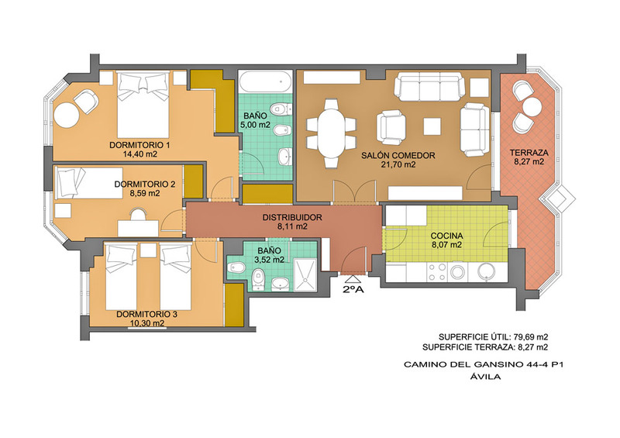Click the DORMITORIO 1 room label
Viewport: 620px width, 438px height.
tap(139, 145)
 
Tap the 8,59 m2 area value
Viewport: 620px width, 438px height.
tap(145, 194)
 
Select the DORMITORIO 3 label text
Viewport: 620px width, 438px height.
tap(146, 314)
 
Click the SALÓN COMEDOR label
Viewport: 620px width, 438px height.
tap(398, 156)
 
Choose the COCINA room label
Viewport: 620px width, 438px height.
tap(447, 236)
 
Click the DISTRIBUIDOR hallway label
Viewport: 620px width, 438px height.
tap(292, 218)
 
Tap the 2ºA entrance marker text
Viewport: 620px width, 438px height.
tap(353, 289)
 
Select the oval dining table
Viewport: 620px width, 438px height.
tap(332, 133)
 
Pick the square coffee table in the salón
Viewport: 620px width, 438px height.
tap(432, 126)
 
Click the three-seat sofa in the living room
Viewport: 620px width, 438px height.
tap(429, 86)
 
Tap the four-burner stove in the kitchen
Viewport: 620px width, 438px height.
tap(437, 272)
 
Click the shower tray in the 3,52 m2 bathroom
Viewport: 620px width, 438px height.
tap(305, 275)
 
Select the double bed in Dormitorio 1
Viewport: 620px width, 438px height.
tap(143, 105)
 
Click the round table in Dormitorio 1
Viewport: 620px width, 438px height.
tap(67, 115)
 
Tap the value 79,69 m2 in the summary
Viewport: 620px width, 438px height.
tap(531, 337)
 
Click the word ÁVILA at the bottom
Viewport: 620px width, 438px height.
tap(486, 377)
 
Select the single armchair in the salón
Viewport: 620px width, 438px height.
tap(391, 127)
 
